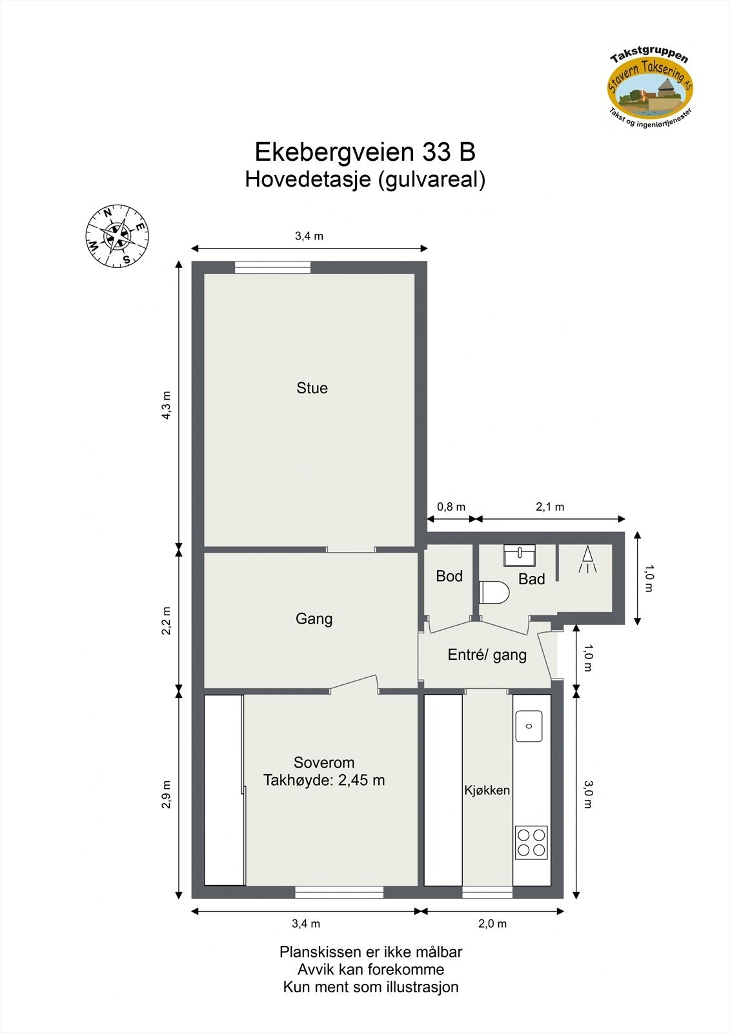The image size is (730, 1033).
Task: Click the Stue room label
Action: click(312, 388)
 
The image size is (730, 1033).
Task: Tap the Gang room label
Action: click(314, 619)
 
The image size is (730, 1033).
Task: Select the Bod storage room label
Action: click(449, 576)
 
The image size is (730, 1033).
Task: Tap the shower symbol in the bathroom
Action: click(587, 560)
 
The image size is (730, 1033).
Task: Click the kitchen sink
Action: click(529, 726)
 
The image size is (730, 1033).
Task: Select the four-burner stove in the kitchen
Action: click(531, 843)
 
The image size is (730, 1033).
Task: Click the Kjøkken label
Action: click(487, 790)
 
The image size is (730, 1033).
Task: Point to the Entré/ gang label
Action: click(487, 655)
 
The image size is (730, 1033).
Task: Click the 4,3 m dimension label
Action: click(167, 405)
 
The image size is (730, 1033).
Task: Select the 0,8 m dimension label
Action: click(451, 507)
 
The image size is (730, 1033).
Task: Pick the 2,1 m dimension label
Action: click(550, 507)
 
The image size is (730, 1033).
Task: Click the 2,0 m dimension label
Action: click(492, 924)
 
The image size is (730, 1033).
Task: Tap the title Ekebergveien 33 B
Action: click(365, 152)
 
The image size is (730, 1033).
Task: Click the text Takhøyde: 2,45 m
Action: click(324, 780)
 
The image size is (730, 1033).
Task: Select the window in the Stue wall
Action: click(272, 267)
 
